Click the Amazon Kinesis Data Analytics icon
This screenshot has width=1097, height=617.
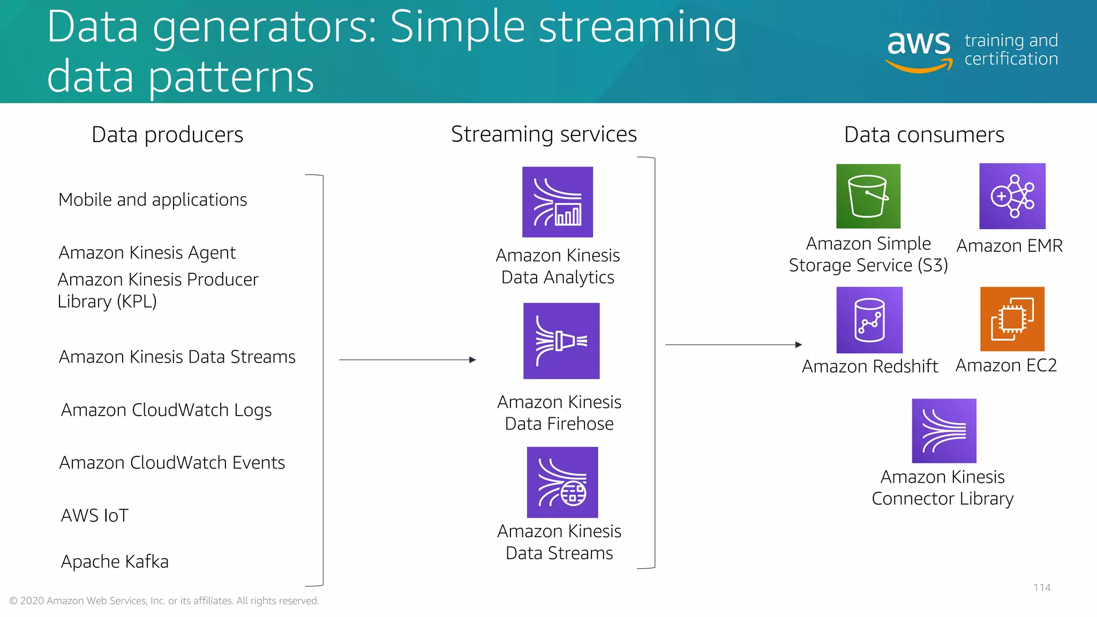click(558, 202)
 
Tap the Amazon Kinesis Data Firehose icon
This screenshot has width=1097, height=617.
click(561, 341)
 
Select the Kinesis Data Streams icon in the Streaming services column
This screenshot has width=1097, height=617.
click(562, 482)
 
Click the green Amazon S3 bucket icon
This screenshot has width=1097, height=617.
click(868, 196)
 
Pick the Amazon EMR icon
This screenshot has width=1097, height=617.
click(1012, 196)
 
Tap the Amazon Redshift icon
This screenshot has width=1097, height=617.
click(869, 320)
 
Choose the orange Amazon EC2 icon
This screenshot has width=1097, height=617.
click(1012, 319)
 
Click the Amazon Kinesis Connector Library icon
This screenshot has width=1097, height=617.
click(944, 431)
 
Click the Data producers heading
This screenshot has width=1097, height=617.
click(167, 134)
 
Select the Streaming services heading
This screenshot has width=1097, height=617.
click(544, 134)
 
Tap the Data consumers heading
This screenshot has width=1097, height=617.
click(924, 134)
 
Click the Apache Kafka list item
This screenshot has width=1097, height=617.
click(115, 561)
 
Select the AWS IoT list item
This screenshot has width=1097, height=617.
click(95, 515)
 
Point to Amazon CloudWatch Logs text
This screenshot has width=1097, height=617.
click(166, 410)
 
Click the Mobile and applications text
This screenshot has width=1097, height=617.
click(153, 199)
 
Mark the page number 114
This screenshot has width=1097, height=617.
click(1042, 588)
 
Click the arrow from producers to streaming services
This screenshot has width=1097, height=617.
click(407, 360)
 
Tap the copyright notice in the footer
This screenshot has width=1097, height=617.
click(164, 601)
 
